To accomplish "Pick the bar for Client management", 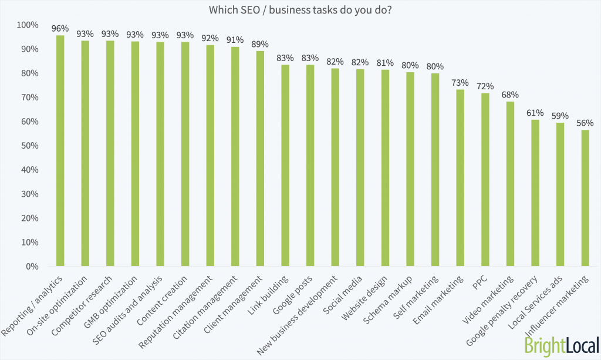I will [x=260, y=159].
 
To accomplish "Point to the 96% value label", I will [x=60, y=28].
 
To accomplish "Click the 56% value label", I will [x=585, y=123].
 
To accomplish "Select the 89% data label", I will [x=260, y=44].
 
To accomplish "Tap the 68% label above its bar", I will [x=510, y=95].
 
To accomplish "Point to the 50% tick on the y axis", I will [x=28, y=146].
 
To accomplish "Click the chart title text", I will [x=300, y=9].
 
